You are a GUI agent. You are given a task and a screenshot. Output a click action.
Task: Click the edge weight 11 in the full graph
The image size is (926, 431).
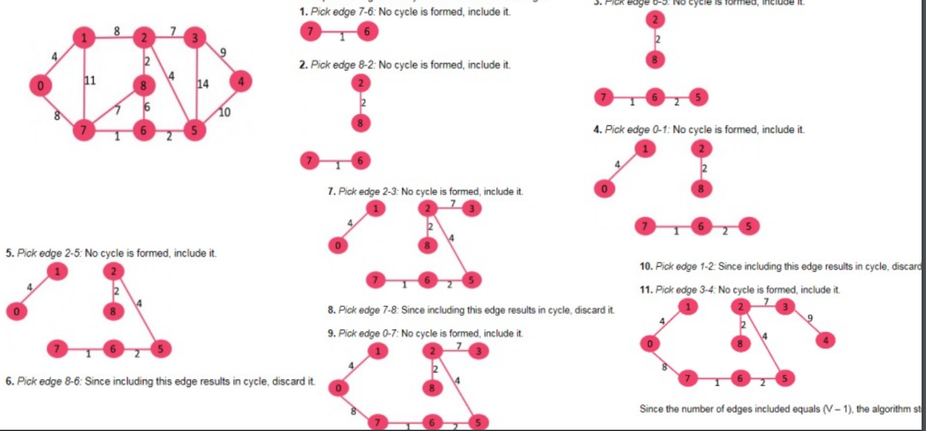90,81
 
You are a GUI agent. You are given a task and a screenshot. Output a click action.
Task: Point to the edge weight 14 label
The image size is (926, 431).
203,84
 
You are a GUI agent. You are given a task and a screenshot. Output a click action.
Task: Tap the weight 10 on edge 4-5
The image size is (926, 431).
224,113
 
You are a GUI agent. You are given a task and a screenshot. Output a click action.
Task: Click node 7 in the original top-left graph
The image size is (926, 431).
82,132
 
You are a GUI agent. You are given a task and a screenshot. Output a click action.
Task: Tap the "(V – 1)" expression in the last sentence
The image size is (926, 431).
836,409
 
